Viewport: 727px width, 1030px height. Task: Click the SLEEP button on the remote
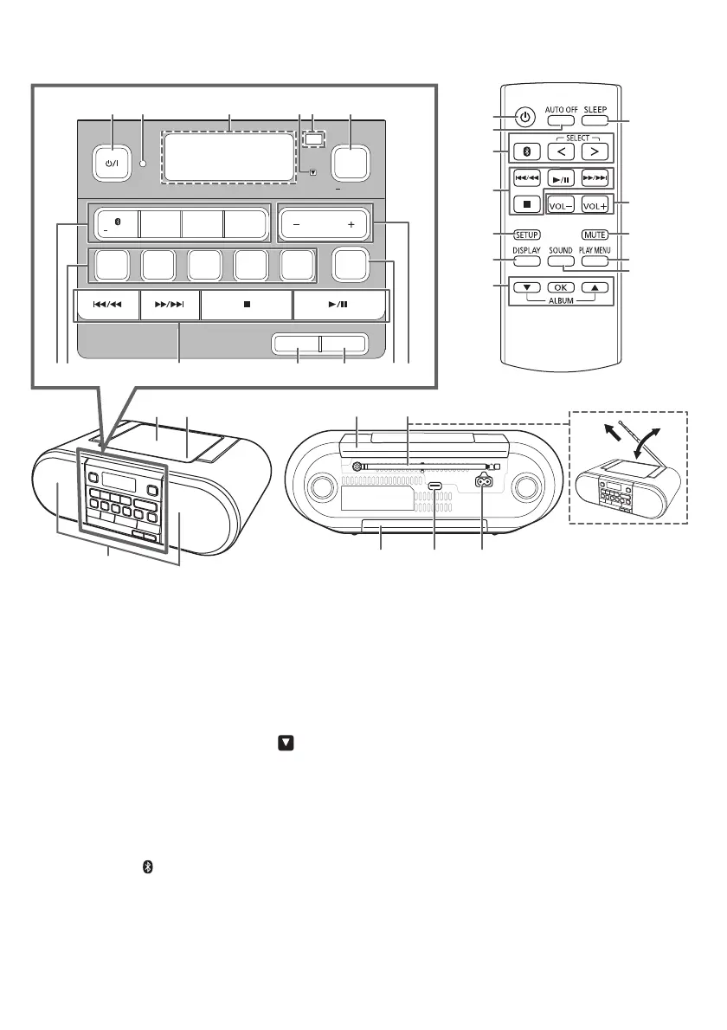click(x=595, y=119)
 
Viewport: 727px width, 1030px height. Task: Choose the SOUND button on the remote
click(x=561, y=260)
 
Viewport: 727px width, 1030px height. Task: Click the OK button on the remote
click(x=561, y=287)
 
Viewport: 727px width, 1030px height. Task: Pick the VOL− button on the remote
click(x=561, y=205)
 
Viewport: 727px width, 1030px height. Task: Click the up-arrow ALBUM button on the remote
click(x=595, y=287)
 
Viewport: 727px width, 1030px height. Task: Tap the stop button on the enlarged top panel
click(x=247, y=306)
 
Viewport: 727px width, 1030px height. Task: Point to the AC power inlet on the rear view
click(x=482, y=486)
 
